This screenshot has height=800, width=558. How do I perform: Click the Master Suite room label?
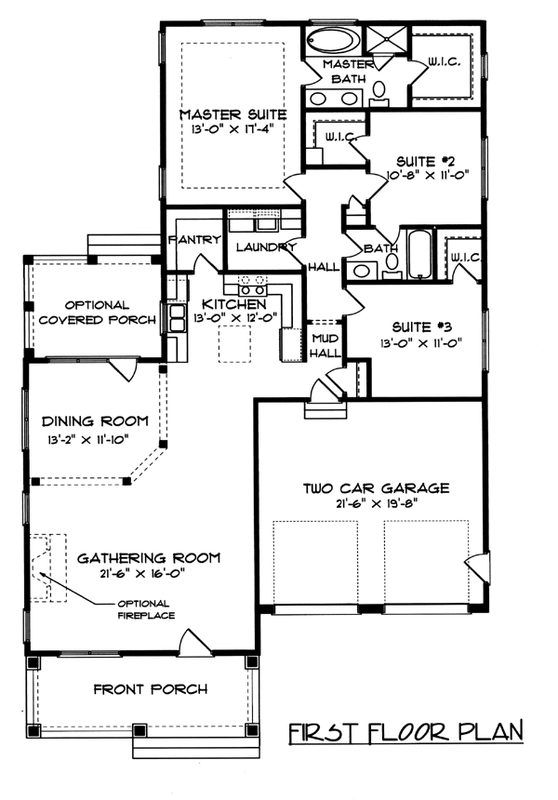point(232,114)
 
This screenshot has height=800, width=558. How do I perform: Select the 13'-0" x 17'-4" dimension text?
point(230,129)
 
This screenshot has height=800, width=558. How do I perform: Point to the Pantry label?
point(195,239)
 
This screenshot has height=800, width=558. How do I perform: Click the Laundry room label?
point(266,247)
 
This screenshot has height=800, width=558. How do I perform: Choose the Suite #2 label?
point(425,162)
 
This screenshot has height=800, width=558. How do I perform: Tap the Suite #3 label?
point(422,327)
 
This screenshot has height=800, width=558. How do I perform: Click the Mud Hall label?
point(325,345)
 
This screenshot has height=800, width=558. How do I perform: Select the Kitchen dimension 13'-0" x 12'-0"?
point(235,317)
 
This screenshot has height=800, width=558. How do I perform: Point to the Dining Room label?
point(95,421)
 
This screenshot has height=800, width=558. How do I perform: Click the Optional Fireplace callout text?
point(146,609)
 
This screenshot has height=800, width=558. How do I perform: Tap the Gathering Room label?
point(149,557)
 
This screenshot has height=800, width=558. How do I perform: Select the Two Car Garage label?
point(377,488)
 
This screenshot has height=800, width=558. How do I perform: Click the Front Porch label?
point(151,689)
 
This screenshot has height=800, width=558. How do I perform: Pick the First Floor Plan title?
point(406,732)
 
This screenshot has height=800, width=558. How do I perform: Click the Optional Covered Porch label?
point(98,313)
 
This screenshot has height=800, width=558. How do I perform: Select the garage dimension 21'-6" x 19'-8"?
point(377,503)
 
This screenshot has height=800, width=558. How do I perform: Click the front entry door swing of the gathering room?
point(194,643)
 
